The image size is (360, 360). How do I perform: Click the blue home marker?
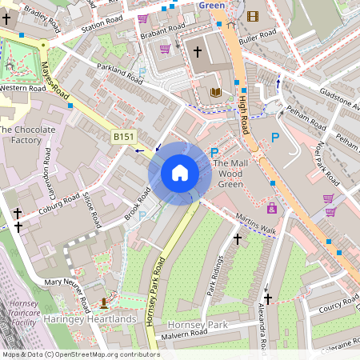pyautogui.click(x=180, y=173)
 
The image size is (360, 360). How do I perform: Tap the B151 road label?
pyautogui.click(x=123, y=138)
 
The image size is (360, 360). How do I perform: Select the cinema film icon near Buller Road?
pyautogui.click(x=253, y=16)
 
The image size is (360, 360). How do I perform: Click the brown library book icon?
pyautogui.click(x=215, y=93)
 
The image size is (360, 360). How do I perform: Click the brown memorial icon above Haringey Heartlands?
pyautogui.click(x=105, y=302)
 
